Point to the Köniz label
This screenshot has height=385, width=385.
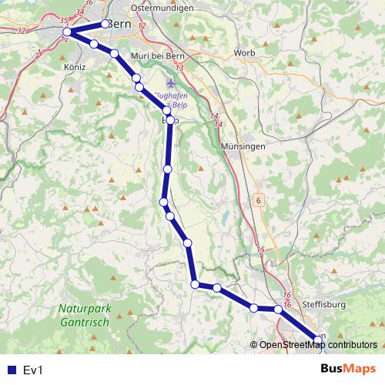tap(76, 67)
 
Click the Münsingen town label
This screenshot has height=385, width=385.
tap(242, 146)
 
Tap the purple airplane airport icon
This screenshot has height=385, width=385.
tap(170, 82)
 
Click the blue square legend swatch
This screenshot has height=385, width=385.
tap(11, 370)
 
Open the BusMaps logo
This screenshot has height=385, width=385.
tap(348, 370)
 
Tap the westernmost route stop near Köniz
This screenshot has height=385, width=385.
tap(67, 32)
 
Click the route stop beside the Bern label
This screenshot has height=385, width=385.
tap(105, 24)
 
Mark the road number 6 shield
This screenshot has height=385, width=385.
tap(259, 200)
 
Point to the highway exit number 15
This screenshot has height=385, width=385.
tap(261, 249)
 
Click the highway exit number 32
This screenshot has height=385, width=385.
tap(21, 31)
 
